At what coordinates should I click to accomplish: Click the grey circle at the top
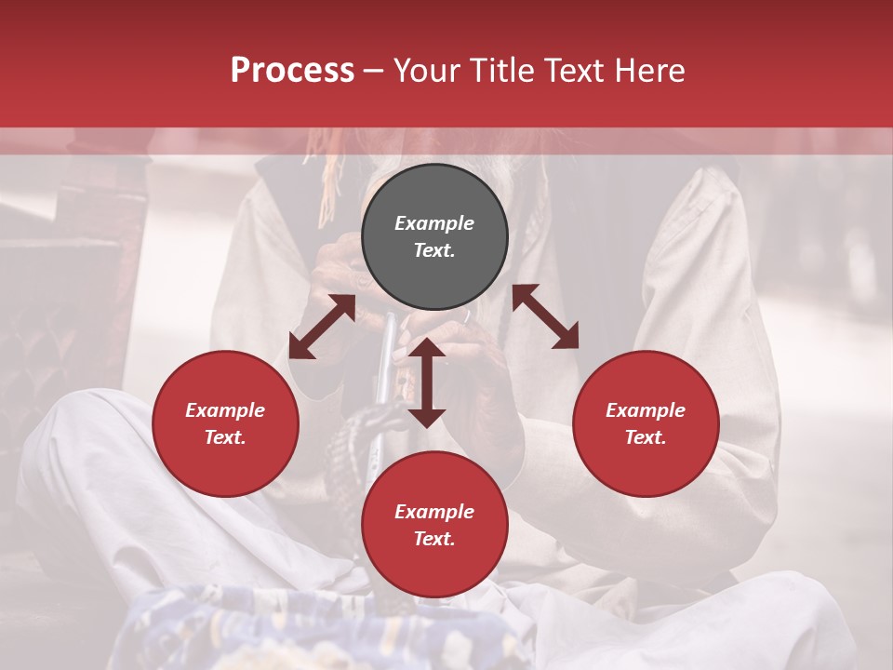434,237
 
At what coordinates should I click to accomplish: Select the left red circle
225,423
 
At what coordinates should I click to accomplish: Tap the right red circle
645,423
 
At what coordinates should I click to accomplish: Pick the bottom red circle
434,525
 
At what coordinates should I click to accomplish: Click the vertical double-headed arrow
427,382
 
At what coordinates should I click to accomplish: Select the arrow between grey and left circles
322,327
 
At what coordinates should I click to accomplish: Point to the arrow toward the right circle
545,317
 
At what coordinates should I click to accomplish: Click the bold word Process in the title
292,70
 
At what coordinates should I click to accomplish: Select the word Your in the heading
427,70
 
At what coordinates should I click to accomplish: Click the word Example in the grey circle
434,223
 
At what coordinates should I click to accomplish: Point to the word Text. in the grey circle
434,250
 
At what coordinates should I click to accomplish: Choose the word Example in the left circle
225,410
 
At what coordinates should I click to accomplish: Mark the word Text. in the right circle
645,437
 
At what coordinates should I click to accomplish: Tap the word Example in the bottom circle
434,512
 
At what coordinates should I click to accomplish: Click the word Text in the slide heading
575,70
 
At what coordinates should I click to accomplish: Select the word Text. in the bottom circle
434,539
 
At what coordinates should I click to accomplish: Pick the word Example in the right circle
645,410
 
